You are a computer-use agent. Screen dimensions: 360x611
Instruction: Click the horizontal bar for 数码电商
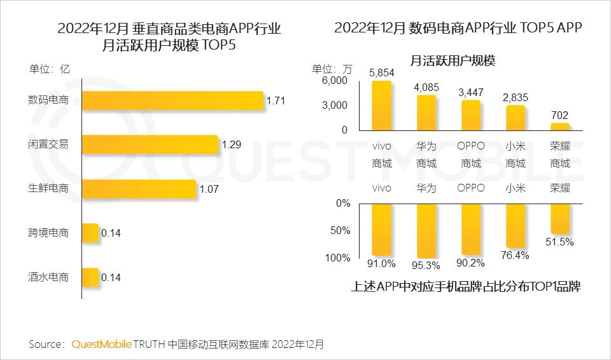172,100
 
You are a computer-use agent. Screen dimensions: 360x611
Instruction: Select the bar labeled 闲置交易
150,144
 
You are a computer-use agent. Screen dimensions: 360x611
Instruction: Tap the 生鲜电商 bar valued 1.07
139,189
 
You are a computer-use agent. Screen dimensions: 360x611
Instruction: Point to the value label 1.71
276,100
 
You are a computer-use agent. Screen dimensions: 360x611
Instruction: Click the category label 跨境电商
48,233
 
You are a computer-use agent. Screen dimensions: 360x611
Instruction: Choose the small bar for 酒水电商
90,277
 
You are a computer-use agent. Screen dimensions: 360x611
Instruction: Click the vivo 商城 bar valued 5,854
382,106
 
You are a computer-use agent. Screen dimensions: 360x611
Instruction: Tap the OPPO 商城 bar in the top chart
471,114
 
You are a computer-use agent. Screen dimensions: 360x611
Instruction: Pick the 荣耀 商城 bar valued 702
560,126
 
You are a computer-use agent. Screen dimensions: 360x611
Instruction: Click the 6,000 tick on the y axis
335,81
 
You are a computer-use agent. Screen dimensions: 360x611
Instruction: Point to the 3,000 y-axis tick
335,105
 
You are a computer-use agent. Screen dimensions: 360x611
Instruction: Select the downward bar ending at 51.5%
560,219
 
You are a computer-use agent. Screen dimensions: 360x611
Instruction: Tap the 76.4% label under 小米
516,255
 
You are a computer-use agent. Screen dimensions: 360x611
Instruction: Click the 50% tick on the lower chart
341,230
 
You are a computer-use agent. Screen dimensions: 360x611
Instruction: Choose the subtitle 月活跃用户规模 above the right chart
453,61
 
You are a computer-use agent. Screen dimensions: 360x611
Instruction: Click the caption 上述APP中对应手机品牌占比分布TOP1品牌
465,286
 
